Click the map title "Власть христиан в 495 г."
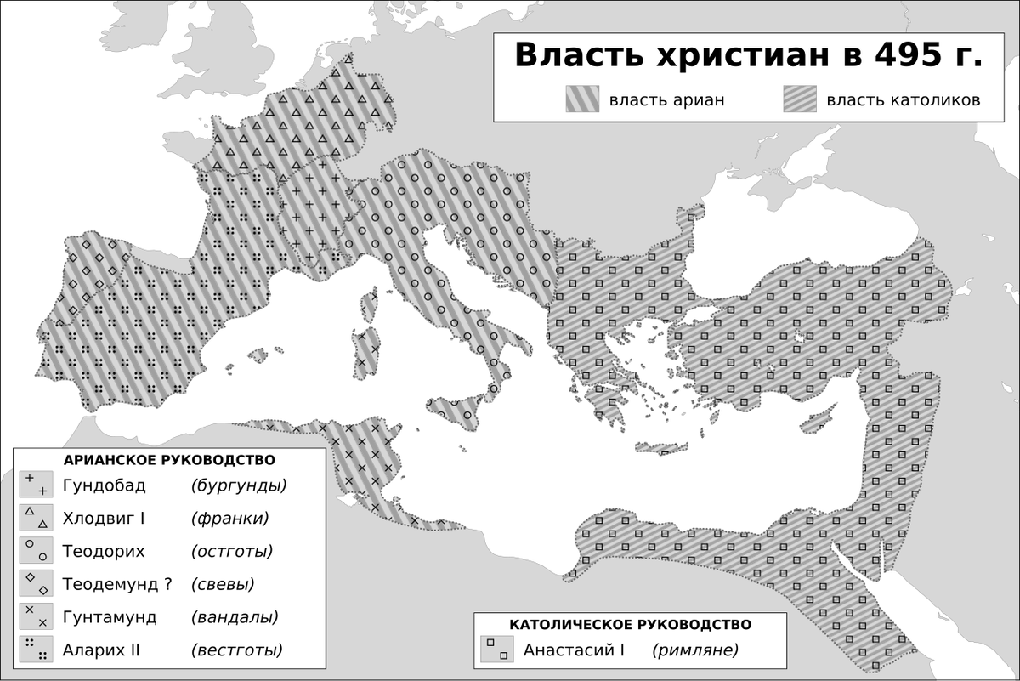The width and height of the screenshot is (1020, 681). tap(748, 56)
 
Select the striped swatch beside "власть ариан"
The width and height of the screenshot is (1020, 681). tap(582, 100)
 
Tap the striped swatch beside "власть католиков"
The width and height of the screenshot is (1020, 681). tap(799, 100)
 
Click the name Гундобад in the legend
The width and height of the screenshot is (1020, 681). tap(104, 485)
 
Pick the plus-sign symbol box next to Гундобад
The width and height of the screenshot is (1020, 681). tap(36, 485)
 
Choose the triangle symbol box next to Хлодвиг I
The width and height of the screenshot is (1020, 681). tap(36, 518)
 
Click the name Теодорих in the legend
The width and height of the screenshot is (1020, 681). tap(104, 551)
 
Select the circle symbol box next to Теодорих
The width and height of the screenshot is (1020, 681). tap(36, 551)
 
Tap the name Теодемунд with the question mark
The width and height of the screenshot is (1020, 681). tap(117, 584)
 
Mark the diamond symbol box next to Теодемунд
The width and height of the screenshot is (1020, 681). tap(36, 584)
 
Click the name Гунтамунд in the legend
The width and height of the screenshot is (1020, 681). tap(110, 617)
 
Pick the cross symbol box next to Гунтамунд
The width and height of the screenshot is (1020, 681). tap(36, 617)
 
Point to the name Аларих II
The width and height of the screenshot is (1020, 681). tap(101, 650)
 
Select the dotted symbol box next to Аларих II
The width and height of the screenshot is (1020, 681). tap(36, 650)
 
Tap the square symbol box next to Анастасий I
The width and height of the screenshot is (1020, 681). tap(495, 650)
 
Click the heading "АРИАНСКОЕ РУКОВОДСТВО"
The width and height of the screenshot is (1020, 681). tap(169, 460)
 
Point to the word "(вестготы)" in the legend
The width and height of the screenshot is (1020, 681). tap(237, 650)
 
